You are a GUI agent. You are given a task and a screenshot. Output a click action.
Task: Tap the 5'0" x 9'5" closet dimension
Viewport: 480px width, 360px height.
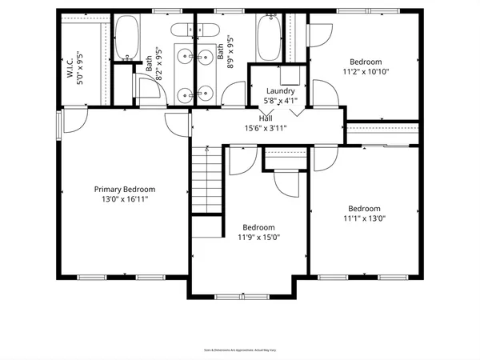(x=81, y=70)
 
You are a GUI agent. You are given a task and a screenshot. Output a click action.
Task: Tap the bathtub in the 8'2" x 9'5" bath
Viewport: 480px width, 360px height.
(x=127, y=36)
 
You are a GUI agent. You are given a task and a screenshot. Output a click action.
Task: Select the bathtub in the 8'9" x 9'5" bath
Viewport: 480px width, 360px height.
(x=268, y=37)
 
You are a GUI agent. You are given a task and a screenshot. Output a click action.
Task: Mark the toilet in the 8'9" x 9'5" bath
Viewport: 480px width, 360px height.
(x=198, y=32)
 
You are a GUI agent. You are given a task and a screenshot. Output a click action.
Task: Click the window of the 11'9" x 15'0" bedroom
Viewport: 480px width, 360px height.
(x=239, y=296)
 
